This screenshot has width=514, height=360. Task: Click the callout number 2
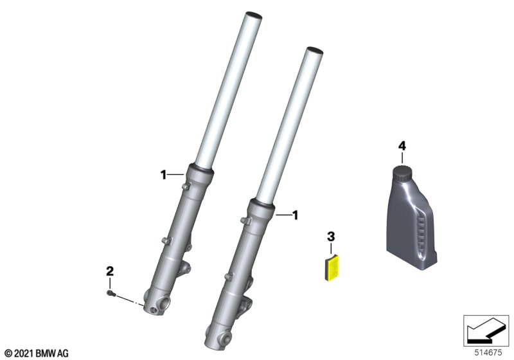pyautogui.click(x=110, y=271)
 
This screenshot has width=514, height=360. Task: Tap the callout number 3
pyautogui.click(x=331, y=236)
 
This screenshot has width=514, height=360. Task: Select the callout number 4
pyautogui.click(x=402, y=146)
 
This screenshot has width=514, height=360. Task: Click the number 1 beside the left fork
pyautogui.click(x=163, y=175)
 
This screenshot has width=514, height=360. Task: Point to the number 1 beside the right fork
pyautogui.click(x=296, y=215)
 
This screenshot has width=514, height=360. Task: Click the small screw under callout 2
pyautogui.click(x=110, y=293)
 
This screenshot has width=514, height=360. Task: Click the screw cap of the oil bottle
pyautogui.click(x=402, y=173)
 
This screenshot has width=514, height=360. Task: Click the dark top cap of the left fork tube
pyautogui.click(x=253, y=15)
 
